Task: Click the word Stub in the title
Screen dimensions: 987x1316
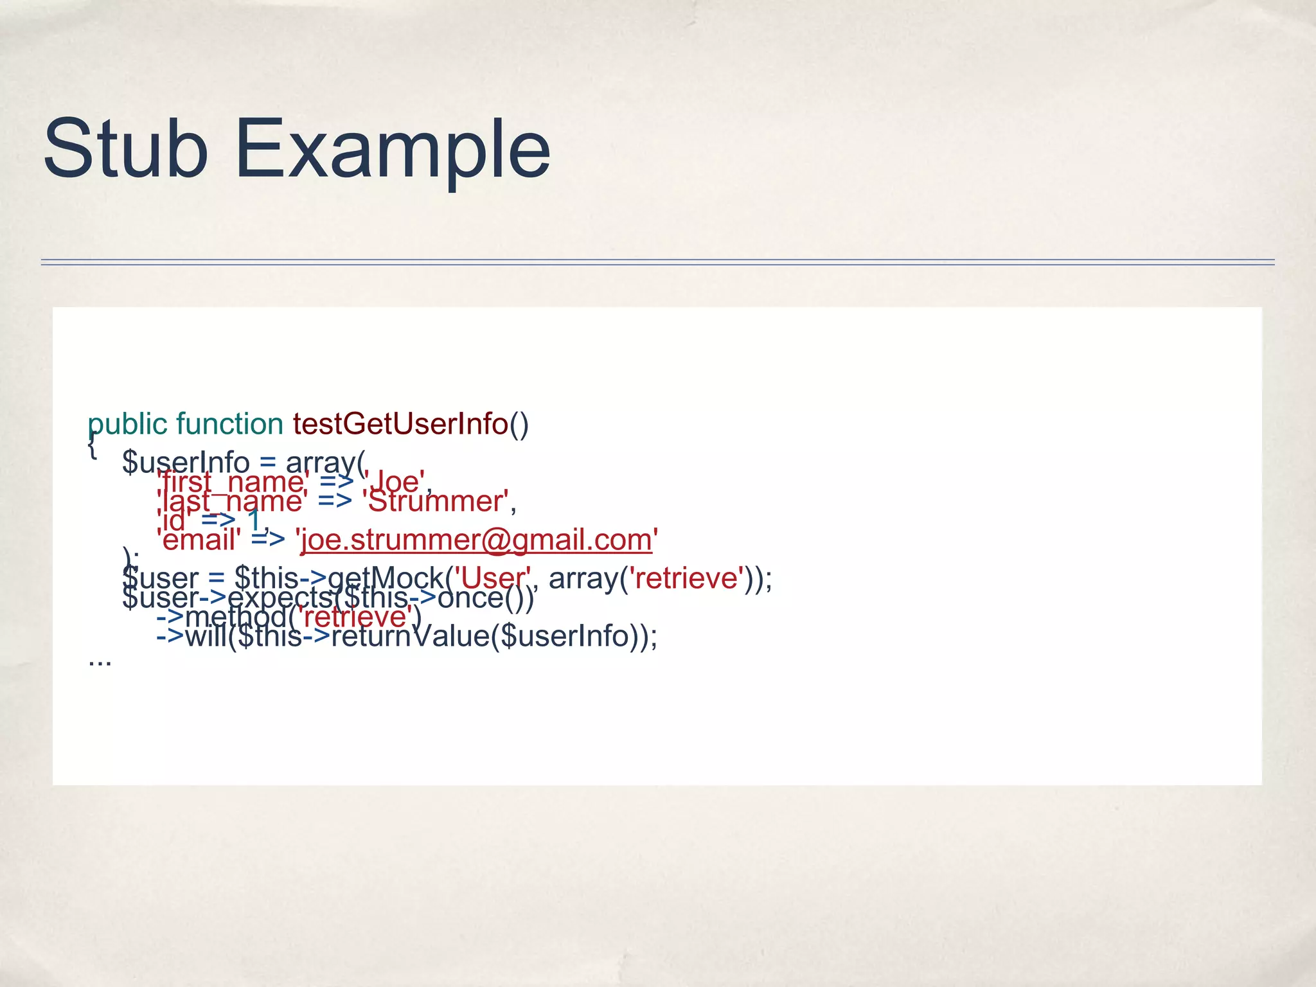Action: pos(125,149)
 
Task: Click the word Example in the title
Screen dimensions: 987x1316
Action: pos(393,149)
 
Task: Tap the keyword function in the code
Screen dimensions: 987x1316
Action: pos(229,424)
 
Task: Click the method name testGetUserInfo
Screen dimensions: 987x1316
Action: pos(400,424)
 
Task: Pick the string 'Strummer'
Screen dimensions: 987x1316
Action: pos(435,501)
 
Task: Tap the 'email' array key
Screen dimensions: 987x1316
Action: pos(199,540)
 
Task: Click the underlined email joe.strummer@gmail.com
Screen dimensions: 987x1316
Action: pos(476,540)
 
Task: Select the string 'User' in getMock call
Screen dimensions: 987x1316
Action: pos(493,578)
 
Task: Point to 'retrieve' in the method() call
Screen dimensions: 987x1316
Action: pos(355,618)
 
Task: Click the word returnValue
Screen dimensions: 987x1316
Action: pos(410,637)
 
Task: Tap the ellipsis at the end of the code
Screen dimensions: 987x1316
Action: pos(100,661)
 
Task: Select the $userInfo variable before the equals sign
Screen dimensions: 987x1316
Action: pos(186,463)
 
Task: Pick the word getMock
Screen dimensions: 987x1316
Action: pos(385,578)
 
